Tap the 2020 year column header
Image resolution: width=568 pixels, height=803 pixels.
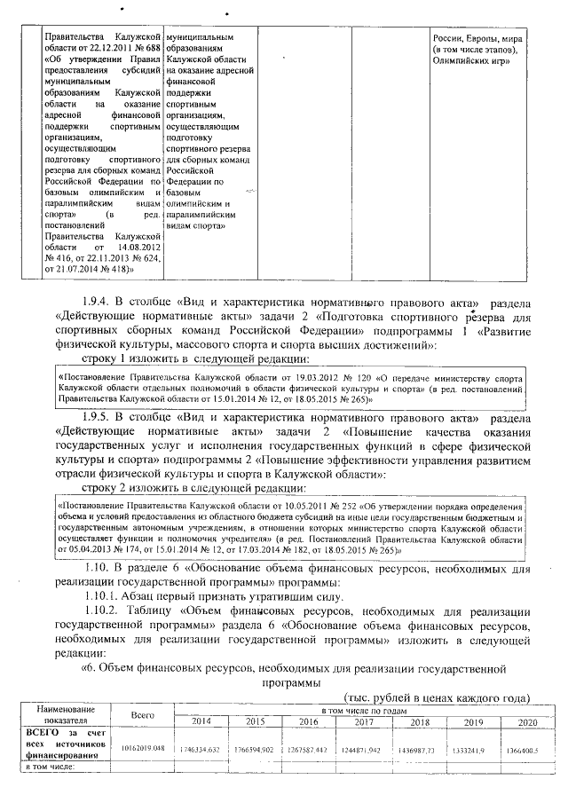[527, 722]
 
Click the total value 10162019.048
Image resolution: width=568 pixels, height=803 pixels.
[143, 749]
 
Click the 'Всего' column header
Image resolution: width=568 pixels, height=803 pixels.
[143, 715]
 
